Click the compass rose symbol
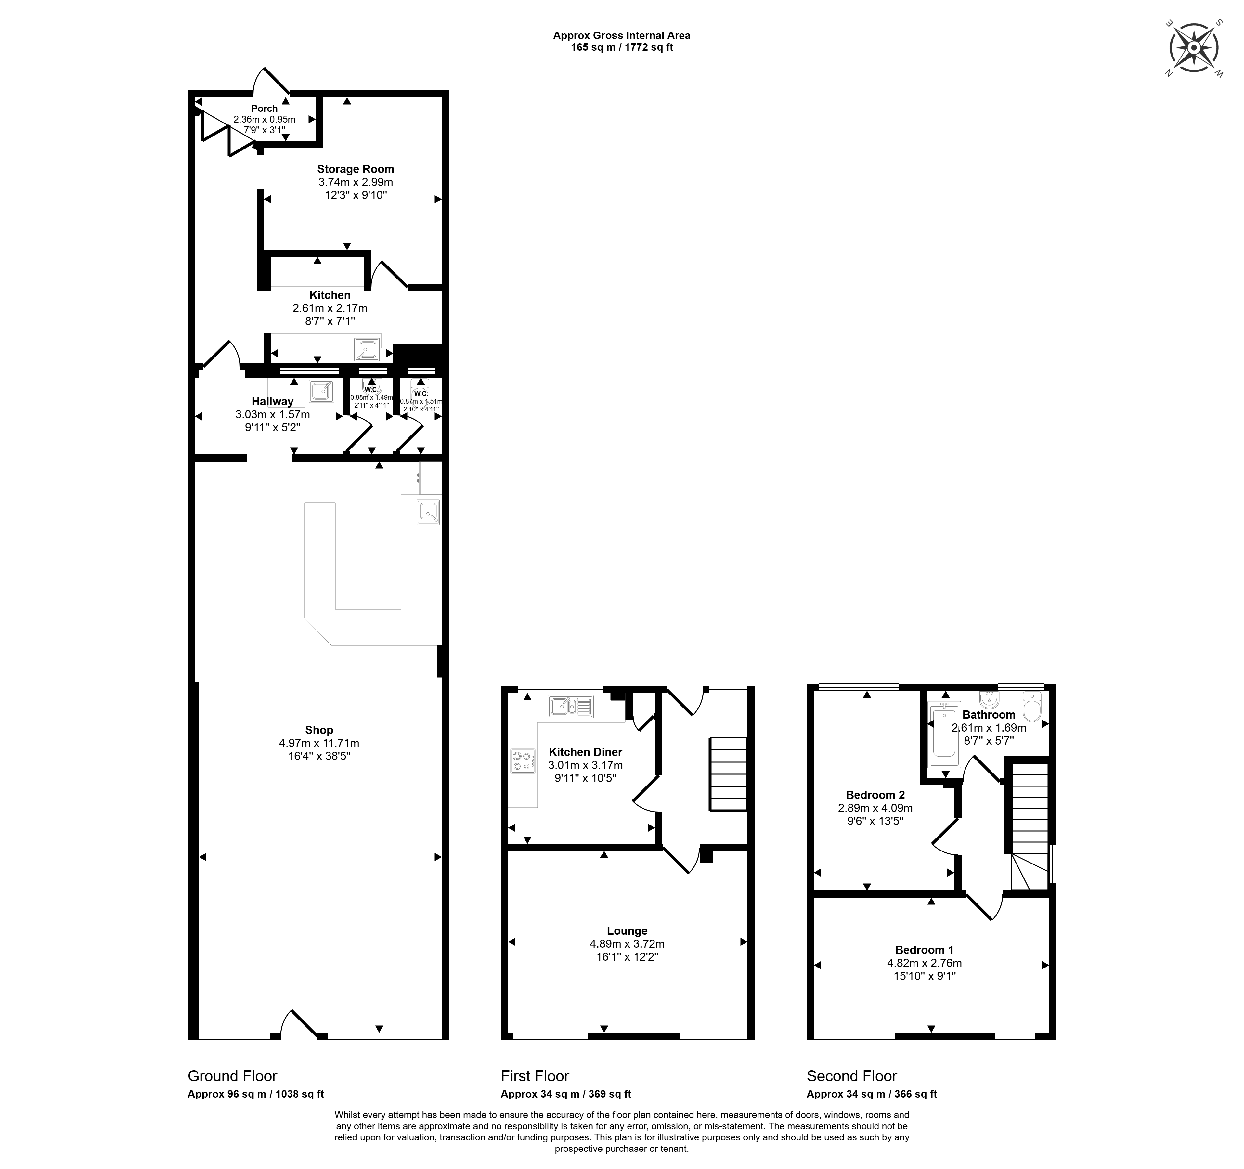[1194, 48]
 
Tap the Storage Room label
[356, 169]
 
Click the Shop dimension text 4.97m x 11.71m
[319, 743]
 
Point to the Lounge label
[627, 930]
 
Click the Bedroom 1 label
[924, 949]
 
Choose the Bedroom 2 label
[875, 795]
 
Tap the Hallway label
[272, 401]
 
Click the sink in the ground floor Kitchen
[367, 349]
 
